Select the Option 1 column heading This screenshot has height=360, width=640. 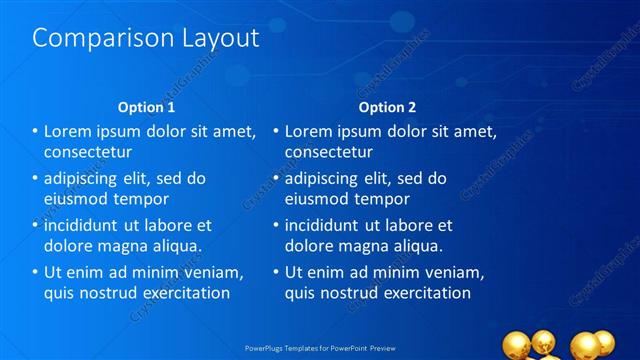pyautogui.click(x=146, y=107)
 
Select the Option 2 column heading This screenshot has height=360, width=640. pyautogui.click(x=387, y=107)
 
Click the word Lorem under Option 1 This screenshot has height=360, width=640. pyautogui.click(x=69, y=131)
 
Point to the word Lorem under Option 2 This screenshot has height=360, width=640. pyautogui.click(x=310, y=131)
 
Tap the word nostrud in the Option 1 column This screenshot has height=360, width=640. pyautogui.click(x=113, y=293)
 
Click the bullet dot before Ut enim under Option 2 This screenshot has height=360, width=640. pyautogui.click(x=275, y=272)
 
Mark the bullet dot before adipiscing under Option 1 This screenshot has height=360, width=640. pyautogui.click(x=35, y=179)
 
